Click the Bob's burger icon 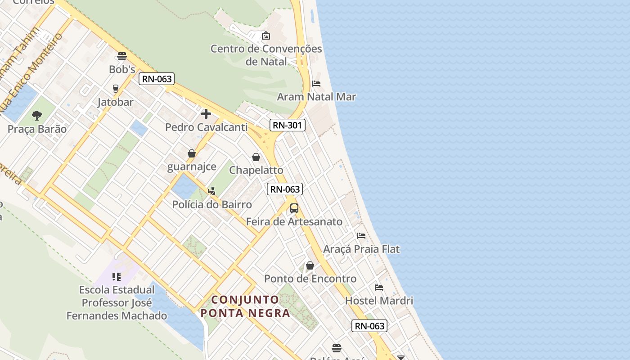pos(121,56)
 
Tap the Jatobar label pos(116,102)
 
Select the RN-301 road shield pos(288,125)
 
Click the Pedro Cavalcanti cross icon pos(206,114)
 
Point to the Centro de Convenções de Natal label pos(266,55)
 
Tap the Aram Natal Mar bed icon pos(316,84)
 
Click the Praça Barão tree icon pos(37,116)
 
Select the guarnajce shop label pos(192,166)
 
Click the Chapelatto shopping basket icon pos(256,157)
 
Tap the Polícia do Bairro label pos(212,204)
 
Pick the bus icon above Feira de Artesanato pos(294,208)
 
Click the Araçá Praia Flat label pos(361,249)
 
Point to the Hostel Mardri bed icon pos(379,288)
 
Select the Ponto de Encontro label pos(310,279)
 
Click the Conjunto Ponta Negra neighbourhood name pos(245,306)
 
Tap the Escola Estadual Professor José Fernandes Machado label pos(117,303)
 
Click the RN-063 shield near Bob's pos(156,79)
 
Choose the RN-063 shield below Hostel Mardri pos(370,326)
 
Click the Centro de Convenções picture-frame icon pos(266,35)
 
